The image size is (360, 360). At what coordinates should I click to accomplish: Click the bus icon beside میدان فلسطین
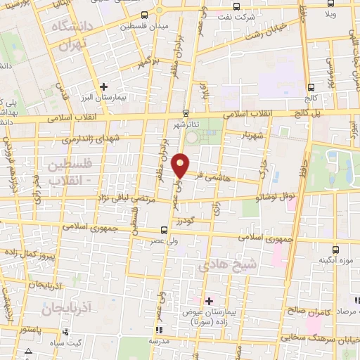coord(144,15)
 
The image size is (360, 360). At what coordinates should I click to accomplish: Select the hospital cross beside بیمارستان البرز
coord(104,86)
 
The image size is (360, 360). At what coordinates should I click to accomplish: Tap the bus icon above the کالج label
coord(311,86)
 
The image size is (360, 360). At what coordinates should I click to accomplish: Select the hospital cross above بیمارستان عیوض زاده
coord(208,301)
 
